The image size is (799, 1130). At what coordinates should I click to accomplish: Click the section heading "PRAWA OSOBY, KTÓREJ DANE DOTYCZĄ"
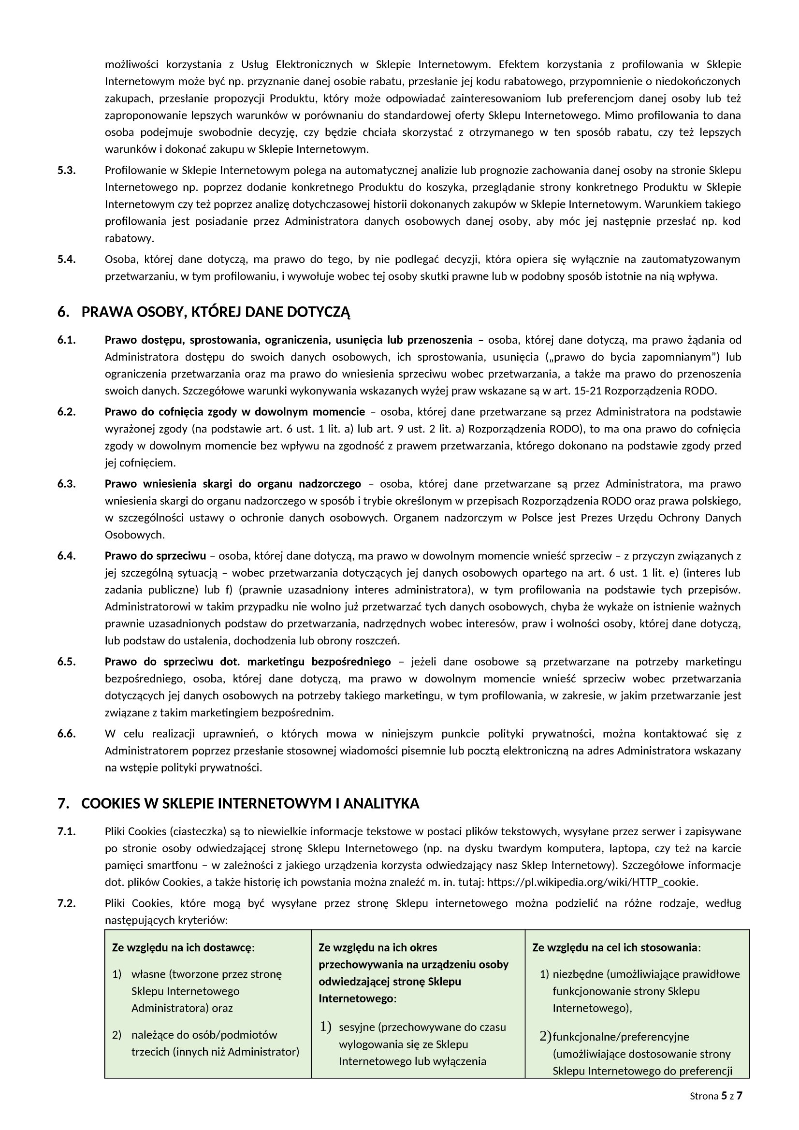(216, 312)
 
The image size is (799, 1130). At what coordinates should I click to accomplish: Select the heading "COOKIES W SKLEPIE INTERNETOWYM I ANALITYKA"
(250, 804)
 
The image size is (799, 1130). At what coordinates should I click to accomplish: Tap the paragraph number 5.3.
(66, 170)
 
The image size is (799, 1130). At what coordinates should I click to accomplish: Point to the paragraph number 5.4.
(66, 260)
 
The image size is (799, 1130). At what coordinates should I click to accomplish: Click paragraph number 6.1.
(66, 340)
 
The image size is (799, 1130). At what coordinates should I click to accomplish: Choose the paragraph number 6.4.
(66, 556)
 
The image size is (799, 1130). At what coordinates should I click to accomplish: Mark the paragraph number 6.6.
(66, 734)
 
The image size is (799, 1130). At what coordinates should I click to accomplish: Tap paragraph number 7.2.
(66, 903)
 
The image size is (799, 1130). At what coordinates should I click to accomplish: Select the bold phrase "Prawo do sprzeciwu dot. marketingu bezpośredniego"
(247, 662)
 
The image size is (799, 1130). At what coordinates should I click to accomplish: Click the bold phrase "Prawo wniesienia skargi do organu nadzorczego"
(233, 484)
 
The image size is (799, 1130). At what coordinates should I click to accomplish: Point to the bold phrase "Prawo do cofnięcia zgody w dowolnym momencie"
(235, 411)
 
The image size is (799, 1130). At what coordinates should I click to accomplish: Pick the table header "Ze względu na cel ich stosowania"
(615, 947)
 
